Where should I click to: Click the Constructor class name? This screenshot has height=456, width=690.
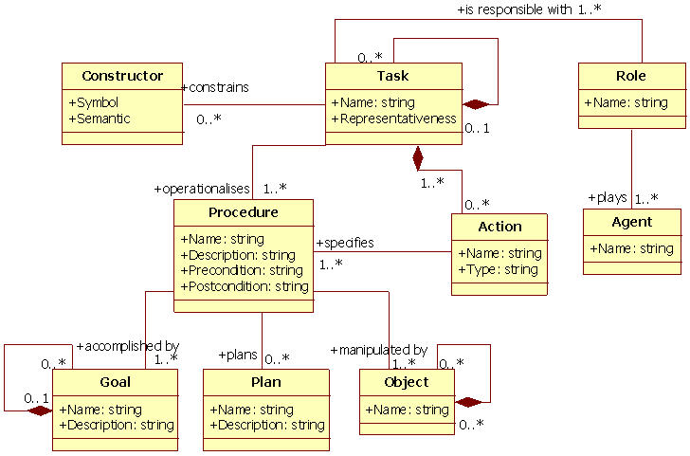pos(121,77)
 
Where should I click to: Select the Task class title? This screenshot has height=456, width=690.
pos(392,77)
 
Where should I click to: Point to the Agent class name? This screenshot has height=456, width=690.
pos(631,223)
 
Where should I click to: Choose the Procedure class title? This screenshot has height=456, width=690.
pos(243,212)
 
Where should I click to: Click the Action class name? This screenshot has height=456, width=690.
pos(499,227)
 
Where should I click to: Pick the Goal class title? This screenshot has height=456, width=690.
pos(115,382)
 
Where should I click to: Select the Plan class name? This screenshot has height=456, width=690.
pos(265,382)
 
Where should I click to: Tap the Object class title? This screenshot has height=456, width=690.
pos(407,382)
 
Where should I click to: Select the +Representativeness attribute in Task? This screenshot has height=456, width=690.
pos(393,119)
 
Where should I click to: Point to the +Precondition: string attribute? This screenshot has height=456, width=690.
pos(242,271)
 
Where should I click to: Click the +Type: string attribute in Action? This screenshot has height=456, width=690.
pos(498,270)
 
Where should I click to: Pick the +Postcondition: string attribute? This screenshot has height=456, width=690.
pos(245,286)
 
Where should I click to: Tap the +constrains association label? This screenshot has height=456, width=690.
pos(214,87)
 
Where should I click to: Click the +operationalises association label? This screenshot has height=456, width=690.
pos(202,189)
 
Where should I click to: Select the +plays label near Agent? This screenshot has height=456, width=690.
pos(607,198)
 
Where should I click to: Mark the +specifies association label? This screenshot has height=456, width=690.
pos(344,243)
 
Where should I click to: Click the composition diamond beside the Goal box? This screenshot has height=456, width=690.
pos(41,410)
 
